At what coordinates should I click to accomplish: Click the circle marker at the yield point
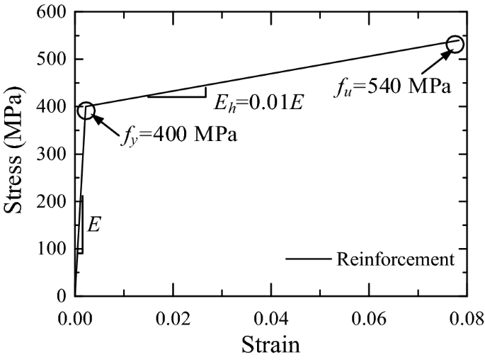(86, 110)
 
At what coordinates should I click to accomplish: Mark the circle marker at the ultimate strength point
(455, 44)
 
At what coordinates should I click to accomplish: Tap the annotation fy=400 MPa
(178, 133)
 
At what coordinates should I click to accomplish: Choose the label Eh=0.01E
(258, 102)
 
